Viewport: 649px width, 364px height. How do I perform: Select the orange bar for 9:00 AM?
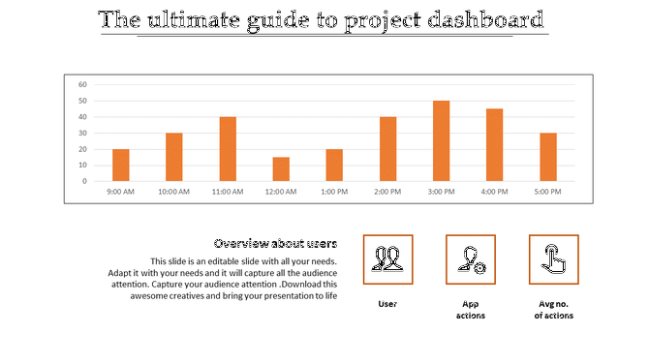pyautogui.click(x=121, y=166)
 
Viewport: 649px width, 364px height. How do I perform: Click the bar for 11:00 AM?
pyautogui.click(x=228, y=149)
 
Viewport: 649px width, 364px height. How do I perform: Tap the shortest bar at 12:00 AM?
pyautogui.click(x=281, y=169)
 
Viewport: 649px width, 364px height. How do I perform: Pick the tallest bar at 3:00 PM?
pyautogui.click(x=441, y=141)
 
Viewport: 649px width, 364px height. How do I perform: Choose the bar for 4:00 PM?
pyautogui.click(x=494, y=145)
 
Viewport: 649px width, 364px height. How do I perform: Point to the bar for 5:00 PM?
pyautogui.click(x=548, y=157)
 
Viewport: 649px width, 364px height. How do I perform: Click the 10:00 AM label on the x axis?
pyautogui.click(x=173, y=192)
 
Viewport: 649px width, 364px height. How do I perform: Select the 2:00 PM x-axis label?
pyautogui.click(x=387, y=192)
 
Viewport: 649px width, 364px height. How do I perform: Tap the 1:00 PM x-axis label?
pyautogui.click(x=334, y=192)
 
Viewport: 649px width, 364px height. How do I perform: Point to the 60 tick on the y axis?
pyautogui.click(x=83, y=84)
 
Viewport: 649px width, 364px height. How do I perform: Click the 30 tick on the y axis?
pyautogui.click(x=83, y=133)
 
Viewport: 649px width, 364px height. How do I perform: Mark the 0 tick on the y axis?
pyautogui.click(x=85, y=181)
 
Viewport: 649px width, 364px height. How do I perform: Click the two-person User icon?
pyautogui.click(x=387, y=259)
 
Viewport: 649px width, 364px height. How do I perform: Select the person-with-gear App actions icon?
pyautogui.click(x=471, y=259)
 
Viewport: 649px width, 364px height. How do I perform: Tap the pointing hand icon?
pyautogui.click(x=554, y=259)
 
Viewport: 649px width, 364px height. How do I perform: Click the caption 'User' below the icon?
pyautogui.click(x=387, y=304)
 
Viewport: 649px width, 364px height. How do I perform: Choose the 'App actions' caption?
pyautogui.click(x=471, y=310)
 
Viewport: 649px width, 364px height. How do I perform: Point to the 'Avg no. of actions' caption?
pyautogui.click(x=554, y=310)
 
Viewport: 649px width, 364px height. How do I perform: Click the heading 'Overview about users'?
pyautogui.click(x=275, y=243)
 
